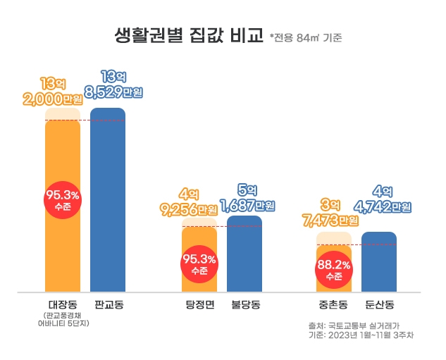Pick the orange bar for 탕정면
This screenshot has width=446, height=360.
pyautogui.click(x=199, y=278)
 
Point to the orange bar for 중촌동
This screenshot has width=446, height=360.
pyautogui.click(x=334, y=282)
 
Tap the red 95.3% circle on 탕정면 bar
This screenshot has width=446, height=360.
pyautogui.click(x=199, y=264)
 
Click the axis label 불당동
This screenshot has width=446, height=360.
pyautogui.click(x=245, y=305)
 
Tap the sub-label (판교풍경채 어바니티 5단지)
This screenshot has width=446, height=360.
pyautogui.click(x=63, y=320)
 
